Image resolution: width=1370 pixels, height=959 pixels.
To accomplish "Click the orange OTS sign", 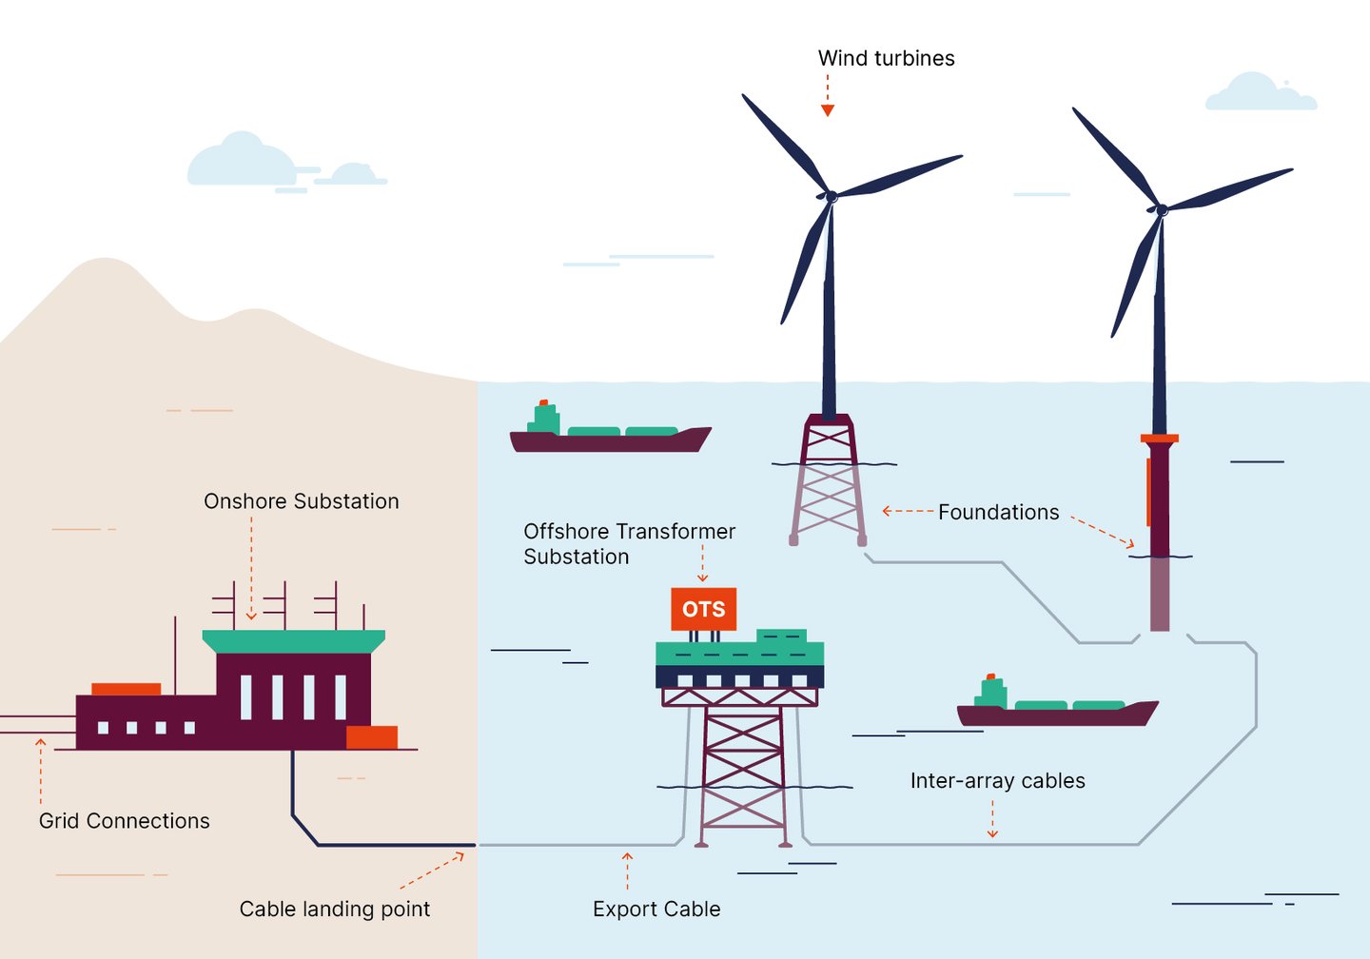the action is pyautogui.click(x=703, y=609).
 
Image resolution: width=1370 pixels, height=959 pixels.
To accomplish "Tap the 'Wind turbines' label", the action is pyautogui.click(x=886, y=58).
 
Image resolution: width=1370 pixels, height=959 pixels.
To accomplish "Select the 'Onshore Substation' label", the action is pyautogui.click(x=301, y=501).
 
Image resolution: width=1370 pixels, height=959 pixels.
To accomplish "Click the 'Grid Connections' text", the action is pyautogui.click(x=124, y=821).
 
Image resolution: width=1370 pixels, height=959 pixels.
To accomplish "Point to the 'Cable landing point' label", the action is pyautogui.click(x=334, y=910).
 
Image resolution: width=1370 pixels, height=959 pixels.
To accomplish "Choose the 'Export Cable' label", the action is pyautogui.click(x=656, y=910).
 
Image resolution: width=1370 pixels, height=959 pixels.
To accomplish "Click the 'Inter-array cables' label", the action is pyautogui.click(x=997, y=781).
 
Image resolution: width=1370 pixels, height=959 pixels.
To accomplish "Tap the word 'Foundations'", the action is pyautogui.click(x=998, y=513).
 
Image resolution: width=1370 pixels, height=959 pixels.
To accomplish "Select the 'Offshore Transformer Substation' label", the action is pyautogui.click(x=629, y=544).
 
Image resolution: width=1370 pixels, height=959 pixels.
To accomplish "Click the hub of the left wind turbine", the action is pyautogui.click(x=831, y=196).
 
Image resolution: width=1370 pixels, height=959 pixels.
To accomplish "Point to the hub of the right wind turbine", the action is pyautogui.click(x=1161, y=209).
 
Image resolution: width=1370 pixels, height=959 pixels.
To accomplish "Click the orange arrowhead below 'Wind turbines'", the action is pyautogui.click(x=828, y=110).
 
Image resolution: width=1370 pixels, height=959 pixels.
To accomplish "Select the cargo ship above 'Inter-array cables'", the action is pyautogui.click(x=1056, y=710).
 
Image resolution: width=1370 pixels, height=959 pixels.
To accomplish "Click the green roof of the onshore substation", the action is pyautogui.click(x=293, y=640).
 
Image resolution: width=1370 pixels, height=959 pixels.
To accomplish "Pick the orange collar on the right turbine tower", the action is pyautogui.click(x=1159, y=439).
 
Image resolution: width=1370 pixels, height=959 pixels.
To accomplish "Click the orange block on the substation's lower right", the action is pyautogui.click(x=371, y=737).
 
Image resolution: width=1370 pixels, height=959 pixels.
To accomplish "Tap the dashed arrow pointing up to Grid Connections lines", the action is pyautogui.click(x=41, y=771).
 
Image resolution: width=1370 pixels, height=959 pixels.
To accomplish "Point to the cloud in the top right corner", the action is pyautogui.click(x=1261, y=92).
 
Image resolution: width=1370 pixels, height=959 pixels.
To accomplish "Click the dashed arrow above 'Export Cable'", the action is pyautogui.click(x=627, y=870).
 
